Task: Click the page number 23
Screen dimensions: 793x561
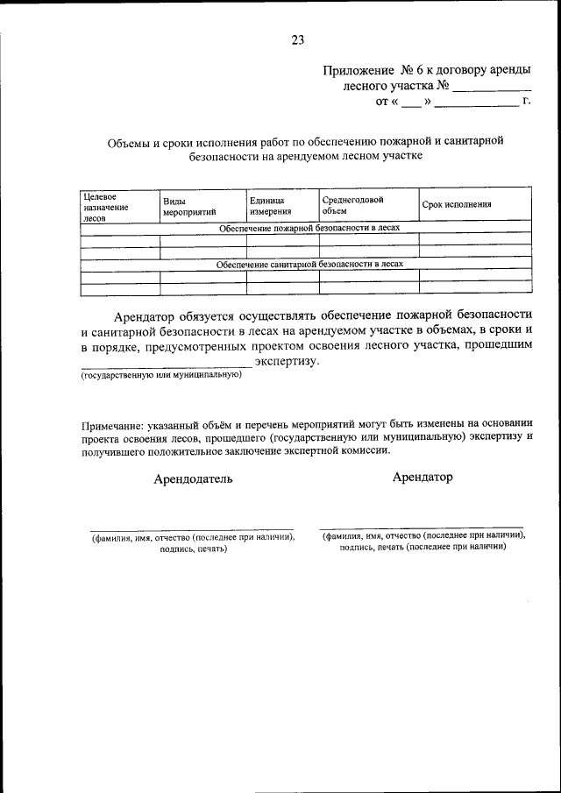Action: pyautogui.click(x=297, y=39)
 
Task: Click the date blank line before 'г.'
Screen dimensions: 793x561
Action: pyautogui.click(x=476, y=105)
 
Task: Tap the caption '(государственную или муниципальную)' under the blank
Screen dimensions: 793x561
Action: pyautogui.click(x=160, y=375)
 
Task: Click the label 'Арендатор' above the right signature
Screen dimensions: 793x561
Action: pyautogui.click(x=423, y=477)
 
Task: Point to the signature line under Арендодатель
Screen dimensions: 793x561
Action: pyautogui.click(x=193, y=529)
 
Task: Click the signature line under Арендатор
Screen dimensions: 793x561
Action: pyautogui.click(x=423, y=527)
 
